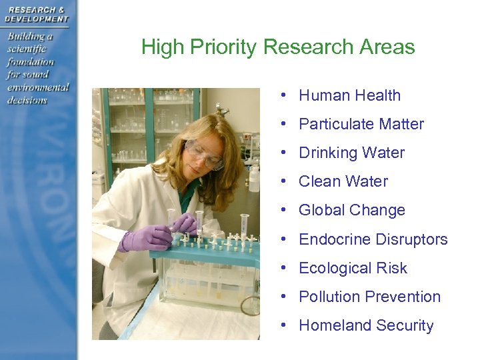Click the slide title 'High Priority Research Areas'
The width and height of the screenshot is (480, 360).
coord(278,47)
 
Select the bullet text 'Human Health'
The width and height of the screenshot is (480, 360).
coord(349,95)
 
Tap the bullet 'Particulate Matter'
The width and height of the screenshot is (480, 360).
coord(361,124)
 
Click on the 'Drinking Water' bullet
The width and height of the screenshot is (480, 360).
coord(351,153)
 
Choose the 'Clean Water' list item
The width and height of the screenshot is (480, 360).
coord(343,181)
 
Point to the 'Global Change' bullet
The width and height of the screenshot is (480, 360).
coord(351,210)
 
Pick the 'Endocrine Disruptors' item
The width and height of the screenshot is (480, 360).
coord(373,239)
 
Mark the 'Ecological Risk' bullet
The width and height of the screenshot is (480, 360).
coord(353,268)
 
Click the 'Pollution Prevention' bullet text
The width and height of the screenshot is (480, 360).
coord(369,297)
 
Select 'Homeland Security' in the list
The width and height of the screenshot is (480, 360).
coord(366,325)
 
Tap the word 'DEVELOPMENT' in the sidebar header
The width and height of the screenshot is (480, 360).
coord(37,19)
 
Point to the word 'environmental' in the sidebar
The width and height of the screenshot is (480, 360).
coord(38,87)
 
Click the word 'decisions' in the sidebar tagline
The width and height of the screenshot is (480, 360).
coord(27,100)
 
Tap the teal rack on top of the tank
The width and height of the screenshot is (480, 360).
coord(200,251)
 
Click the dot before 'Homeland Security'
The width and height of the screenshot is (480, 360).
coord(284,325)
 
